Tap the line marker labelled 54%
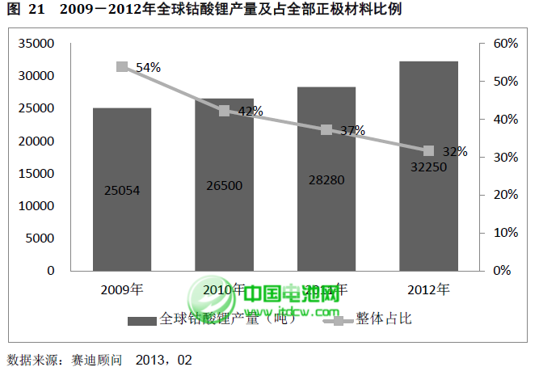click(122, 67)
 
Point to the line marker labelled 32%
click(428, 151)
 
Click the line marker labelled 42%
click(224, 111)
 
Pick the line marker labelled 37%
click(326, 129)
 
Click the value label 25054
click(122, 191)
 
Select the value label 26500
click(224, 186)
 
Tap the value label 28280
click(326, 179)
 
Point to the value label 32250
click(428, 167)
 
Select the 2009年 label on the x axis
click(122, 289)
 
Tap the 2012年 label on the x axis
click(428, 289)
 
